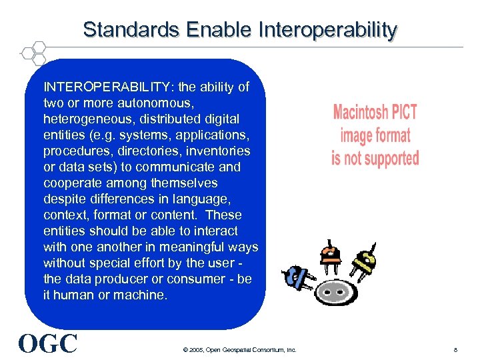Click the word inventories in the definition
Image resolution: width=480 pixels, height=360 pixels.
(210, 151)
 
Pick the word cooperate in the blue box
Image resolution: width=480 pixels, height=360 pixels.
(71, 183)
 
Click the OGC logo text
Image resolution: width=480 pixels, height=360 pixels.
(48, 343)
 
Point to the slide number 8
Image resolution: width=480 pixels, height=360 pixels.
(455, 349)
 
